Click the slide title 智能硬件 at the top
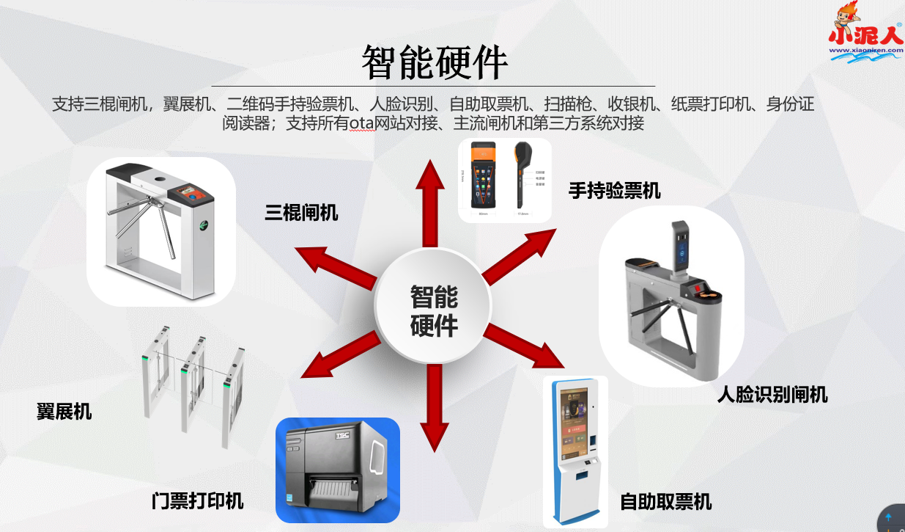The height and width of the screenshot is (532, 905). (435, 62)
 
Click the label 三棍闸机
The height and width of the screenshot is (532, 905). (301, 213)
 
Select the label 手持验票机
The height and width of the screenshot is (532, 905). (614, 191)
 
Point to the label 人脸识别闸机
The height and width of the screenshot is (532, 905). (772, 395)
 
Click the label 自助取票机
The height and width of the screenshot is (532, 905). (665, 502)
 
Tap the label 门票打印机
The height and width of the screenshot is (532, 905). (197, 501)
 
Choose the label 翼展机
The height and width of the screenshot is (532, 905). (64, 411)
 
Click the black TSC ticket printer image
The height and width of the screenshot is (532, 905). (337, 470)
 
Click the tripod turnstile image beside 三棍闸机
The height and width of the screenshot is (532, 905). (160, 231)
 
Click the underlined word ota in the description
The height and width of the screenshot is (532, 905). (361, 123)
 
